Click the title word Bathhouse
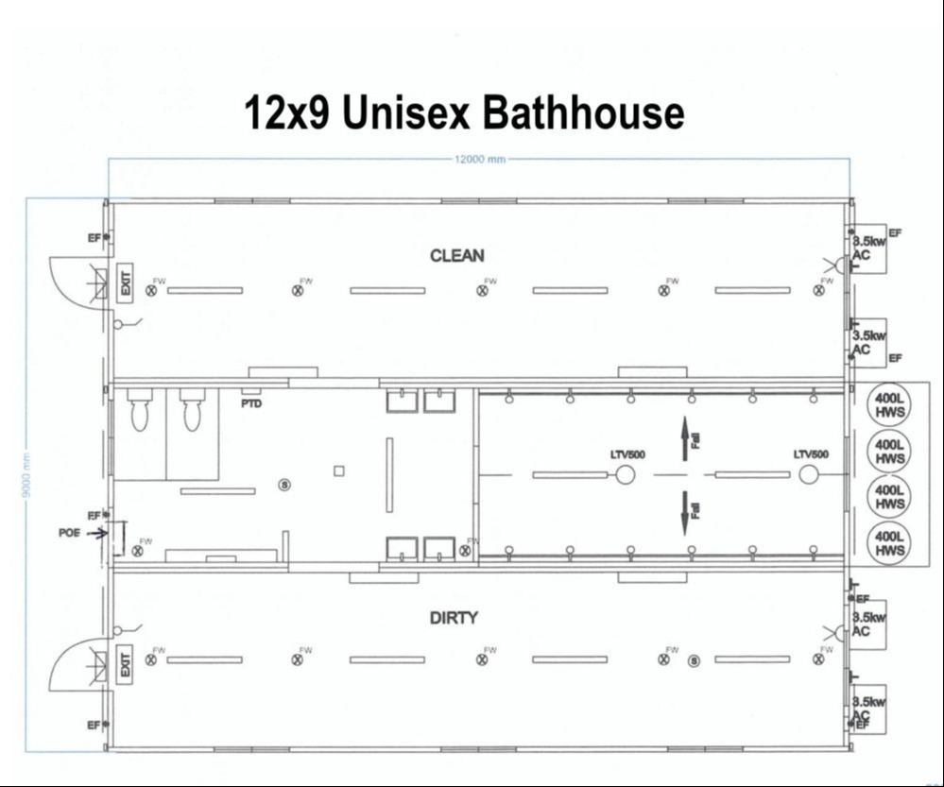(x=582, y=113)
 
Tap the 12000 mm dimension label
(x=481, y=160)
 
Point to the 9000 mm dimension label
(x=28, y=472)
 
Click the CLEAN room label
(x=457, y=256)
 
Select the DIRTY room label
(x=454, y=618)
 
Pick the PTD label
(x=251, y=403)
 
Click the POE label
(x=69, y=533)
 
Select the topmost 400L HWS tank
(x=890, y=405)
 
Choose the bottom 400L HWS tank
(x=890, y=543)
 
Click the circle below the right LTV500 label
(x=808, y=474)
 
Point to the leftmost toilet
(x=140, y=413)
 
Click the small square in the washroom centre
(x=339, y=470)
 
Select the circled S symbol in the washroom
(x=284, y=485)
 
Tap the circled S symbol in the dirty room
(x=695, y=659)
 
